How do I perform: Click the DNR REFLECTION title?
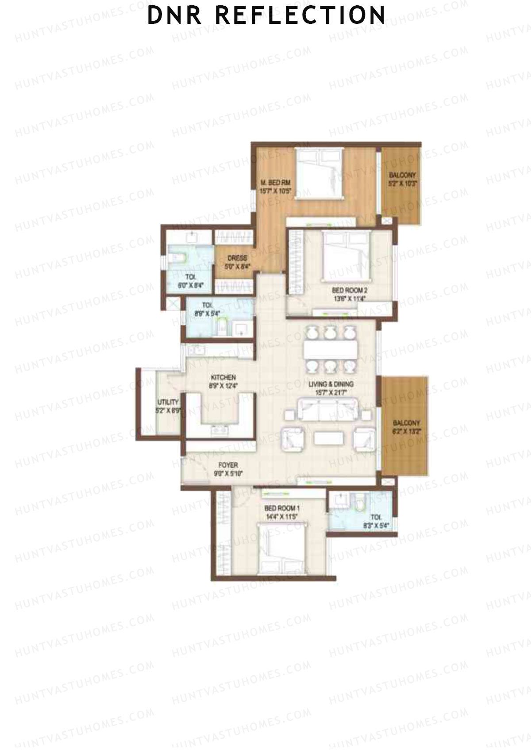[x=266, y=15]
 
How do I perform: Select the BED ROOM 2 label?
[x=350, y=290]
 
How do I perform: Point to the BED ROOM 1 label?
[x=282, y=508]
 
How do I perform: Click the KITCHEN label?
[x=223, y=377]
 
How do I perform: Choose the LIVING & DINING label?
[x=331, y=384]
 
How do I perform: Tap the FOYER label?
[x=228, y=465]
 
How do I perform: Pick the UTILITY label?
[x=168, y=402]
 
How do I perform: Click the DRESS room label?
[x=237, y=258]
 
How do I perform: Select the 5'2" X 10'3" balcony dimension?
[x=402, y=183]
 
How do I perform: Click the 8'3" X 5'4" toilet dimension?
[x=376, y=526]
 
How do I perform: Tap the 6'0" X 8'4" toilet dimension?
[x=190, y=285]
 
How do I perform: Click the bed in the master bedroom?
[x=319, y=173]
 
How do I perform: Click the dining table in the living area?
[x=331, y=350]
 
